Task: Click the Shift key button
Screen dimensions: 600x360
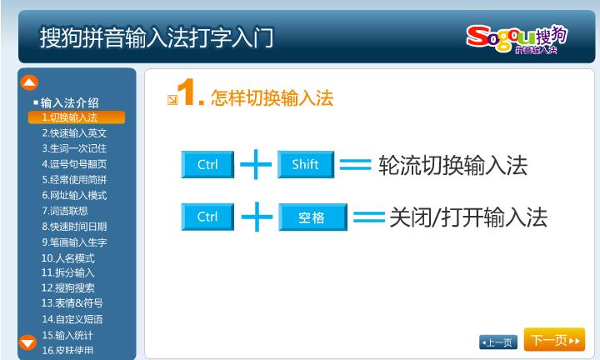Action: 306,164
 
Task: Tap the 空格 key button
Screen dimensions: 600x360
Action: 312,217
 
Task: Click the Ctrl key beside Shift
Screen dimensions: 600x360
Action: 207,164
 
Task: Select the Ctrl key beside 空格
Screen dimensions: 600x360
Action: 207,217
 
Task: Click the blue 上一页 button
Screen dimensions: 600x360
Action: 498,342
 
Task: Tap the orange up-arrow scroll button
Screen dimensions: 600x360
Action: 29,82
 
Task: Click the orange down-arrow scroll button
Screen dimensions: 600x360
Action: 28,342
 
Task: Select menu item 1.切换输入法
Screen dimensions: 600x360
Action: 77,117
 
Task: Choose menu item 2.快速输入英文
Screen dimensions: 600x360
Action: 74,133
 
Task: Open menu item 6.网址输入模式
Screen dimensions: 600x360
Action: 74,196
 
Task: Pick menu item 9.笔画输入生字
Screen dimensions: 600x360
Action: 74,242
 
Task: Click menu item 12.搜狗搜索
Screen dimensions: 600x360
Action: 67,287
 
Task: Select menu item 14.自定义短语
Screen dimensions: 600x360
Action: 72,319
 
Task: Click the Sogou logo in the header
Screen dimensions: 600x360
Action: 517,39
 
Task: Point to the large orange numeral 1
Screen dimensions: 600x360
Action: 187,92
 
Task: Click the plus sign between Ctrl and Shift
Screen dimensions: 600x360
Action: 256,164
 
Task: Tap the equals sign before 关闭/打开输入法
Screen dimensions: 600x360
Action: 369,217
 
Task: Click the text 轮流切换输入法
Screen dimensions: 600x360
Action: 453,165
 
